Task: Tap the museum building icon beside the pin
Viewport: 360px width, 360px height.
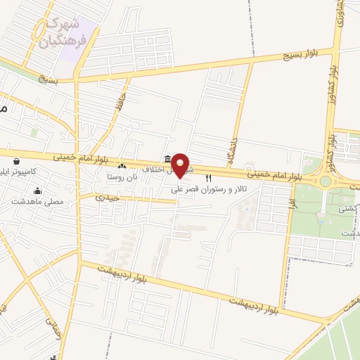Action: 167,159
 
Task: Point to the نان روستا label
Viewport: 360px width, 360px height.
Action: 122,175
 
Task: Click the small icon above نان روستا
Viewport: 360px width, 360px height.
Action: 122,166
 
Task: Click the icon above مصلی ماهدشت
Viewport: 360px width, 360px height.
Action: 37,191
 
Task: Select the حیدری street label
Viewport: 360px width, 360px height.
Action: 109,198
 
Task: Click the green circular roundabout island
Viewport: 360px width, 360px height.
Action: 325,181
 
